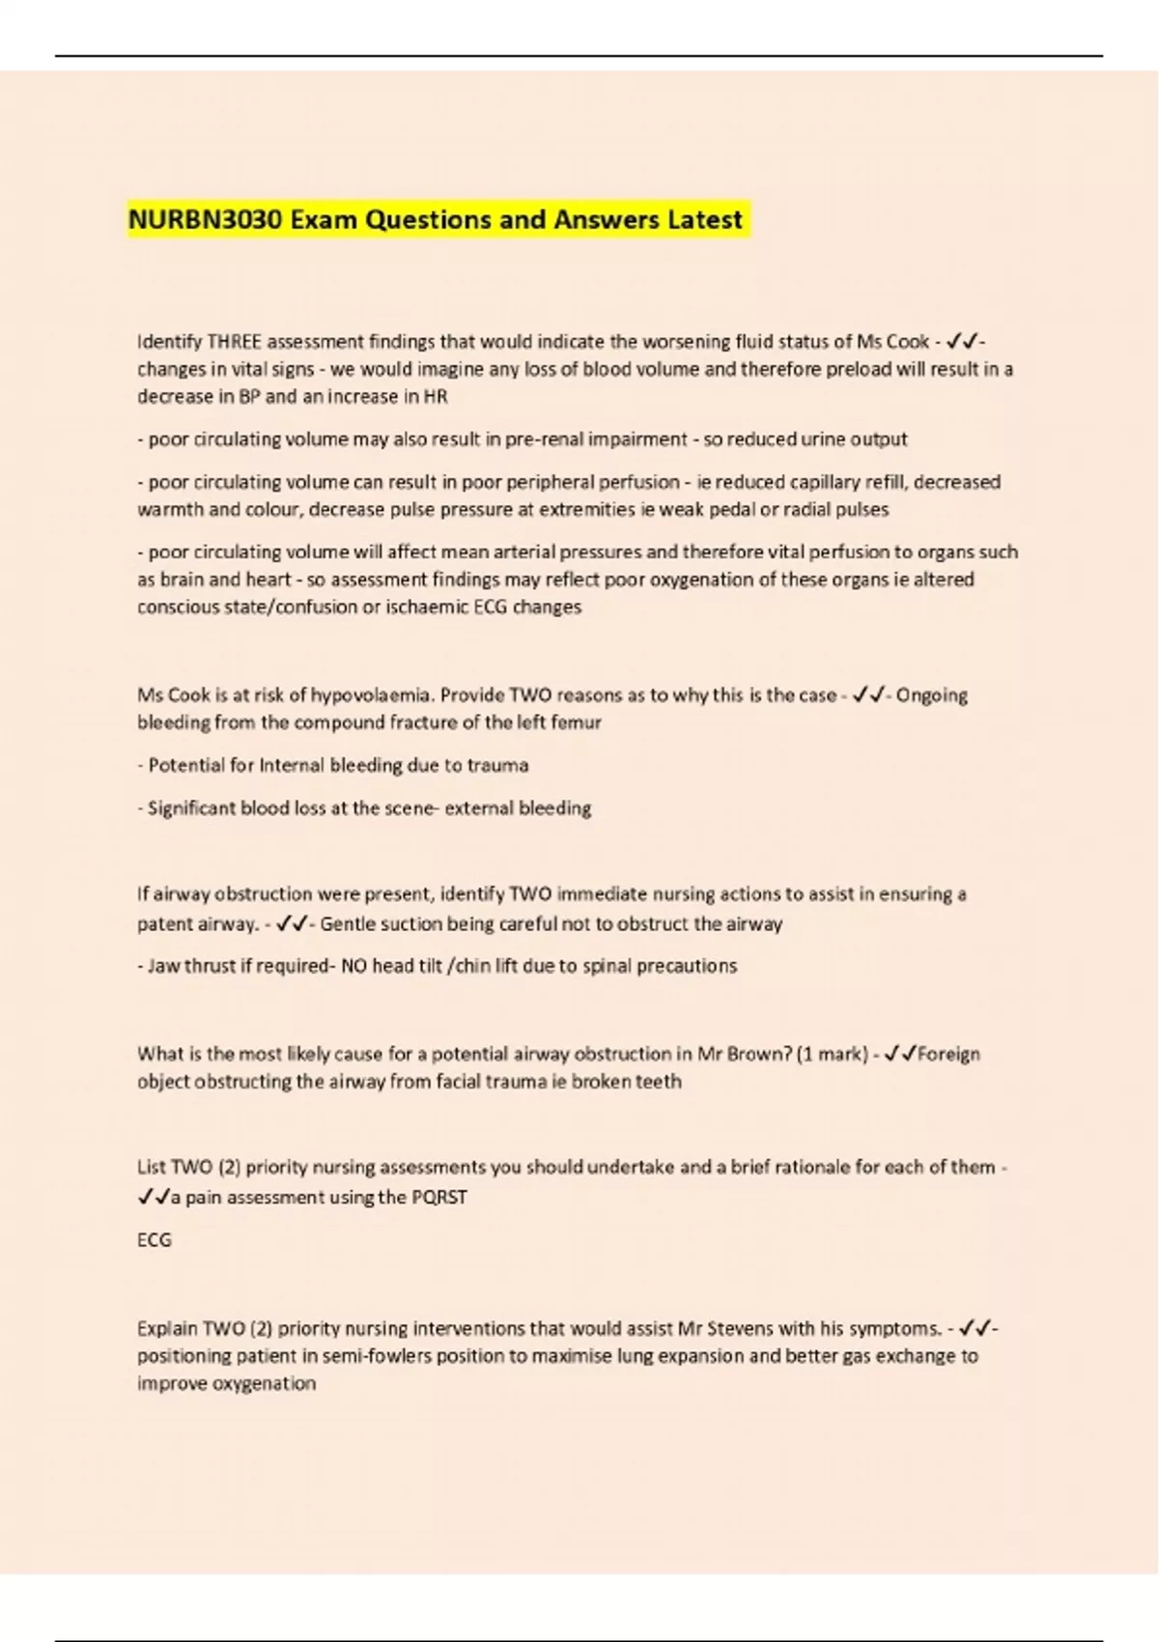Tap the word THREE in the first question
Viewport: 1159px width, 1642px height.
point(234,341)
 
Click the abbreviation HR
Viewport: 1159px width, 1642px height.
point(436,396)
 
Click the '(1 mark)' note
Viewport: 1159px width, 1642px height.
point(831,1054)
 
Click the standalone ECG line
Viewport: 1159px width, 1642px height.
point(155,1239)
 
